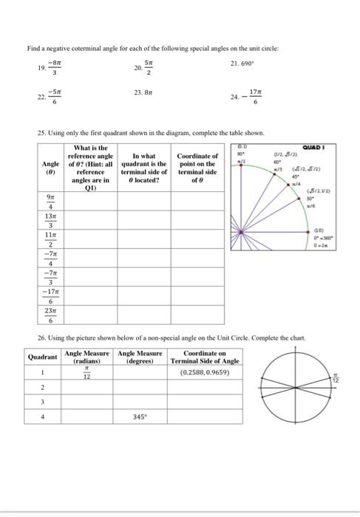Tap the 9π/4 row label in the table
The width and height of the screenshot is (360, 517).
[x=50, y=202]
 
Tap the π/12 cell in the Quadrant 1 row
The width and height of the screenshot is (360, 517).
[x=86, y=373]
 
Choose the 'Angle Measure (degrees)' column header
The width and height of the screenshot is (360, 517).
[x=139, y=357]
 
